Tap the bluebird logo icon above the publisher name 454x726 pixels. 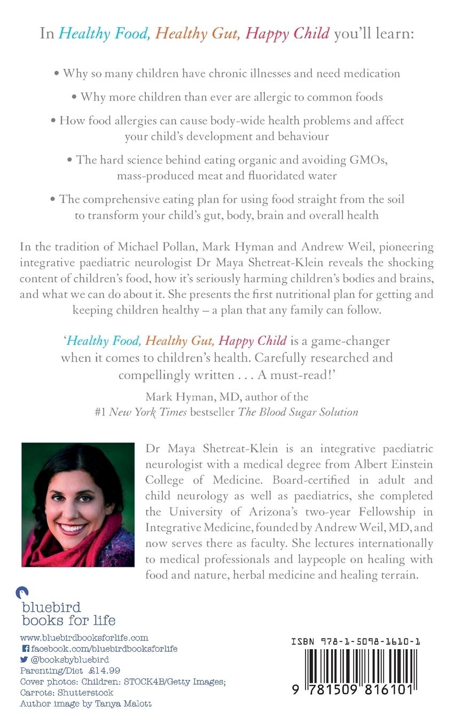click(22, 593)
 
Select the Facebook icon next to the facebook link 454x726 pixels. click(25, 649)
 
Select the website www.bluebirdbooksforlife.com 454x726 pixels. click(84, 638)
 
